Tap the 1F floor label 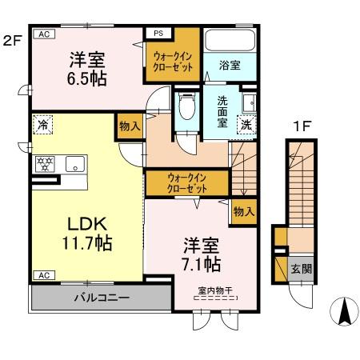pos(301,126)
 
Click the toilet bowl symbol pos(186,106)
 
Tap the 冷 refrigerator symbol pos(42,126)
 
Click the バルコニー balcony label pos(102,298)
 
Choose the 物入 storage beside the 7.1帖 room pos(244,212)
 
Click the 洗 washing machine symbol pos(247,125)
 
